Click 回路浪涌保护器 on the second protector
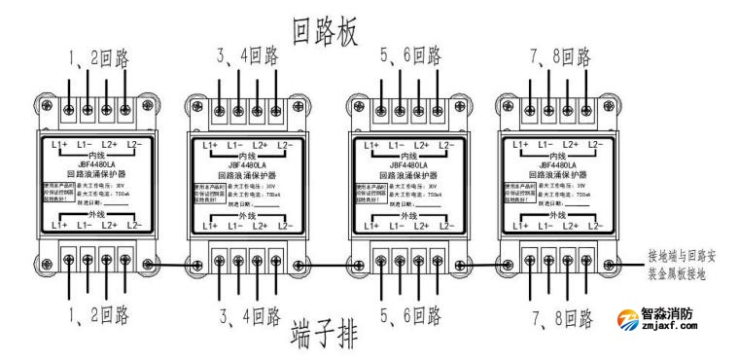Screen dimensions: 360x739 (247, 176)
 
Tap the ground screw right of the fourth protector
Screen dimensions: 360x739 (608, 264)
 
